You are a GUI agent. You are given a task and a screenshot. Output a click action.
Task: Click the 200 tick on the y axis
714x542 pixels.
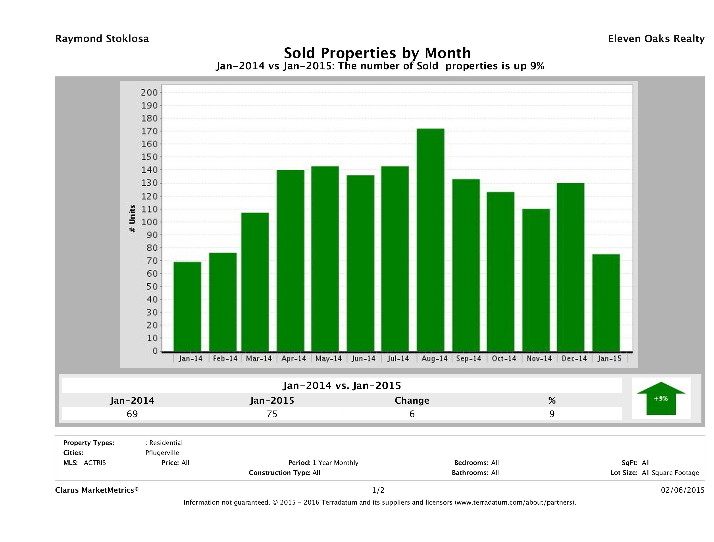[x=149, y=93]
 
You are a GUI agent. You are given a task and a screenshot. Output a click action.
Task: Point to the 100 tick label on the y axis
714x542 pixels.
[x=149, y=222]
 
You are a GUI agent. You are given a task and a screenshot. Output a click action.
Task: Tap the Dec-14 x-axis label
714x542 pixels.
[x=574, y=358]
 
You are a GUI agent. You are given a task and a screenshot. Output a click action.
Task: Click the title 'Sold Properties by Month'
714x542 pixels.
[x=377, y=53]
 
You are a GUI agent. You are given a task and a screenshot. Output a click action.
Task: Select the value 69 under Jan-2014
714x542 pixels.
[x=132, y=414]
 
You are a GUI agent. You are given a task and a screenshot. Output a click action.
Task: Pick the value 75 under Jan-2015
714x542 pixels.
[x=272, y=414]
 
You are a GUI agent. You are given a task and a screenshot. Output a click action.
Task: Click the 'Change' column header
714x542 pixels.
[x=412, y=401]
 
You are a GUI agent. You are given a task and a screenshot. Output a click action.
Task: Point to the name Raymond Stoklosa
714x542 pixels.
[x=102, y=39]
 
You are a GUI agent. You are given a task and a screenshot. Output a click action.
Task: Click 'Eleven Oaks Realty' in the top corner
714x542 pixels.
[x=656, y=39]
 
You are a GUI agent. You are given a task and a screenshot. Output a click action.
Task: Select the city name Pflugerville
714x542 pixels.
[x=162, y=453]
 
